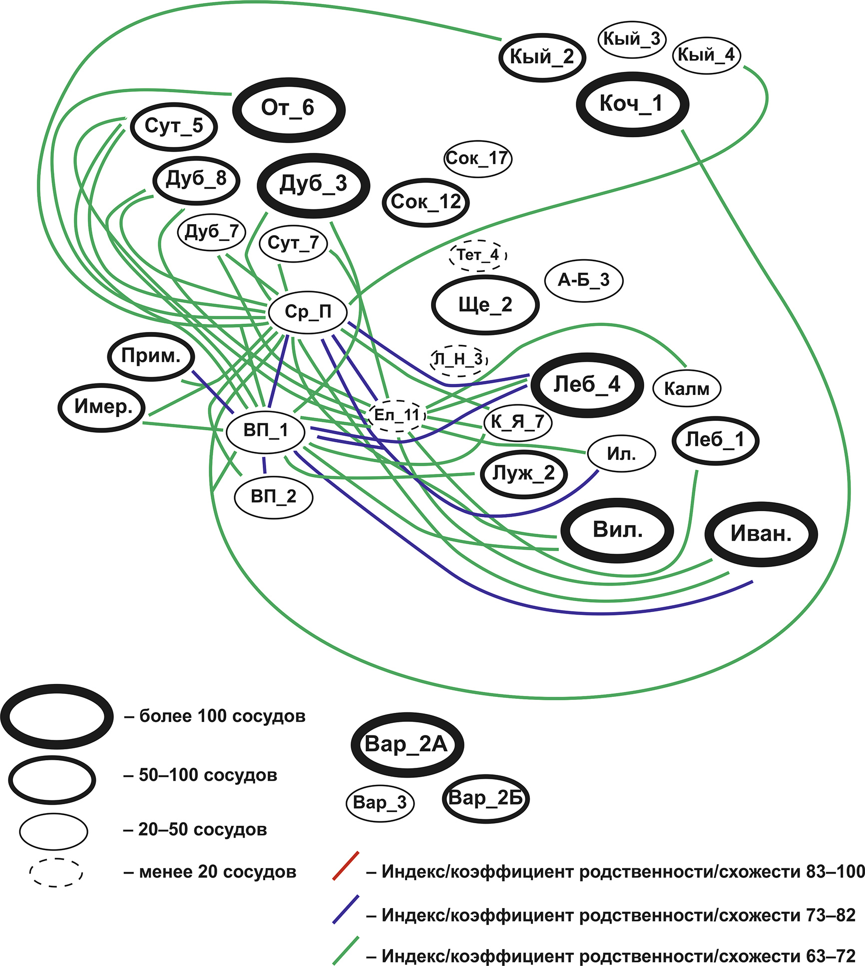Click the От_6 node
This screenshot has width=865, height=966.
(x=289, y=109)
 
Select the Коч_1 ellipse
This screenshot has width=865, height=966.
(x=632, y=104)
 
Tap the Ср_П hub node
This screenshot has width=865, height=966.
(x=308, y=312)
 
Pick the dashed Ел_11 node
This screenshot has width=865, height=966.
(x=397, y=415)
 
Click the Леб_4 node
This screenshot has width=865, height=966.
(x=587, y=385)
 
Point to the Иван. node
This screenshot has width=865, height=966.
(x=761, y=534)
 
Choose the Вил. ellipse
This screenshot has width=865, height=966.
(x=617, y=530)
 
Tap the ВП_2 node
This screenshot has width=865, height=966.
(x=274, y=497)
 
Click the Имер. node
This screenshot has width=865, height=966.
(x=102, y=407)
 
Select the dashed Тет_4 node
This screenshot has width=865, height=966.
(x=478, y=255)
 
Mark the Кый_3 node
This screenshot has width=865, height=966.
(x=632, y=39)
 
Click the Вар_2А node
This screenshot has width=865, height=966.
(x=407, y=744)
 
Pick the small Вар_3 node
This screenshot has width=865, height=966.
(x=380, y=803)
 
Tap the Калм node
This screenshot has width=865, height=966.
(x=687, y=388)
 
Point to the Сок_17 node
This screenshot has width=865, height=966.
(x=477, y=159)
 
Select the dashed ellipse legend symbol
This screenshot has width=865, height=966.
(x=56, y=873)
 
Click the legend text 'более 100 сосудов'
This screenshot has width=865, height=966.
(x=222, y=716)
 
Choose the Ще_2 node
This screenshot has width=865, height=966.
(x=485, y=305)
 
